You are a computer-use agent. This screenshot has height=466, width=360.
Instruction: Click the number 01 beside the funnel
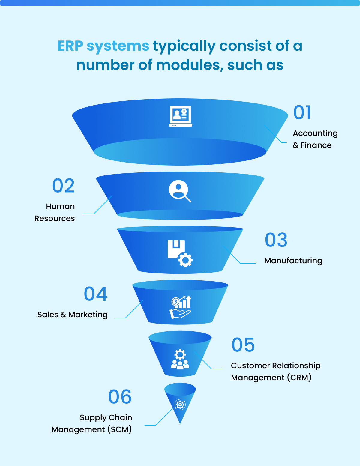pyautogui.click(x=302, y=113)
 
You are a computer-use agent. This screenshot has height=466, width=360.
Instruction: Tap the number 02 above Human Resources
pyautogui.click(x=63, y=186)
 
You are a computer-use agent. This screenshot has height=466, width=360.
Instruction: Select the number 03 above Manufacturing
pyautogui.click(x=276, y=240)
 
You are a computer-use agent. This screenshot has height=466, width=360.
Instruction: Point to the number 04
pyautogui.click(x=96, y=294)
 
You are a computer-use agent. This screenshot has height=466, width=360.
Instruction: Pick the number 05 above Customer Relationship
pyautogui.click(x=243, y=345)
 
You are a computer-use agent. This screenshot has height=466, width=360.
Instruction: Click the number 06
pyautogui.click(x=120, y=397)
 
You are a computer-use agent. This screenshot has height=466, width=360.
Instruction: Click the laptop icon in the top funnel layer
pyautogui.click(x=180, y=117)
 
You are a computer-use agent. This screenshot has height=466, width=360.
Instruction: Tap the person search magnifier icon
pyautogui.click(x=180, y=191)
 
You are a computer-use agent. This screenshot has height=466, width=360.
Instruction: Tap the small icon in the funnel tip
pyautogui.click(x=180, y=405)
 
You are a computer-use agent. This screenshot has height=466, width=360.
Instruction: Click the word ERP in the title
pyautogui.click(x=70, y=46)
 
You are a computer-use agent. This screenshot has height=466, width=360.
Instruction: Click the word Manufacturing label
pyautogui.click(x=293, y=261)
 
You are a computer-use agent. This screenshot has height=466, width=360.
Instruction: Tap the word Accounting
pyautogui.click(x=315, y=133)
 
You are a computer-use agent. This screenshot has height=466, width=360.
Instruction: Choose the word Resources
pyautogui.click(x=55, y=218)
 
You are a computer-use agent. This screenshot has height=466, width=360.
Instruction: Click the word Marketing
pyautogui.click(x=88, y=315)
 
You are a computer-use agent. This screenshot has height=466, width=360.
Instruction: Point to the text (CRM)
pyautogui.click(x=299, y=377)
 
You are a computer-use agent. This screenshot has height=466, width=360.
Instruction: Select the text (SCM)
pyautogui.click(x=119, y=429)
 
